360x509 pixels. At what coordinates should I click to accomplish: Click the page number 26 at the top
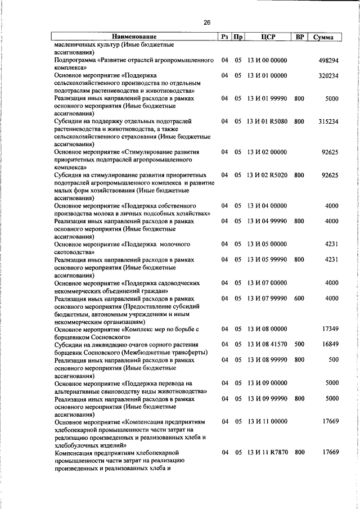tap(206, 22)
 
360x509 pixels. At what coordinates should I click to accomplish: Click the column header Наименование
tap(134, 37)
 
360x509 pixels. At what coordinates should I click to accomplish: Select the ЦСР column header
tap(267, 37)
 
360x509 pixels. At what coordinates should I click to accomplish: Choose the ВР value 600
tap(299, 298)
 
